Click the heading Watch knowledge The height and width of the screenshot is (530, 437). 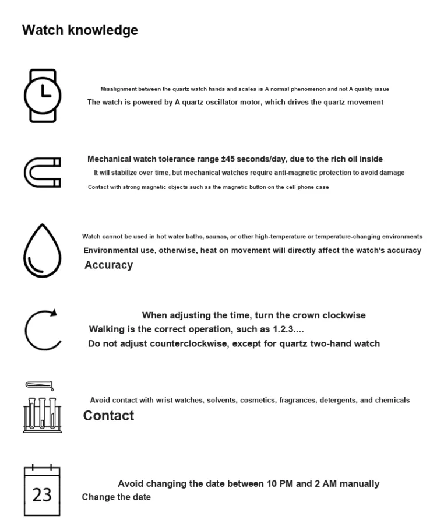pos(80,30)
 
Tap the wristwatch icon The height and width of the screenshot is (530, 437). pos(42,94)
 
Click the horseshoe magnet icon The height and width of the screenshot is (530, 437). pos(42,172)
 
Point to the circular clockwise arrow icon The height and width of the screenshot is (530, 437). pos(42,329)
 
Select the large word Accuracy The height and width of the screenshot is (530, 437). pos(109,265)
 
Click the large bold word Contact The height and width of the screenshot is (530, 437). pos(108,416)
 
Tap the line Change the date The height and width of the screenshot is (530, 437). pos(116,497)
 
